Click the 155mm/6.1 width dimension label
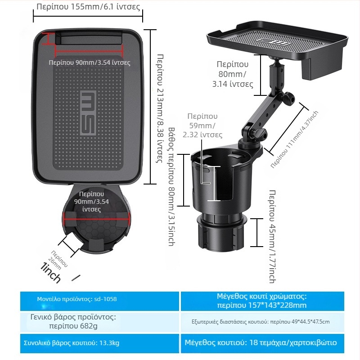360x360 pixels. pyautogui.click(x=88, y=7)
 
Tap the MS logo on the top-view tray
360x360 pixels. pyautogui.click(x=88, y=113)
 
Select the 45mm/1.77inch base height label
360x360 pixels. pyautogui.click(x=272, y=237)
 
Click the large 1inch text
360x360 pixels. pyautogui.click(x=50, y=272)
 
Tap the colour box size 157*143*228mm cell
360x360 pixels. pyautogui.click(x=262, y=301)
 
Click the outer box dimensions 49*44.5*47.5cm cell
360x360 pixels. pyautogui.click(x=262, y=321)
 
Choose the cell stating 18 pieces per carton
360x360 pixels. pyautogui.click(x=262, y=343)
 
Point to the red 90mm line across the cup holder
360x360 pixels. pyautogui.click(x=96, y=220)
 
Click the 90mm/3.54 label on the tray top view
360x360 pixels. pyautogui.click(x=90, y=63)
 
